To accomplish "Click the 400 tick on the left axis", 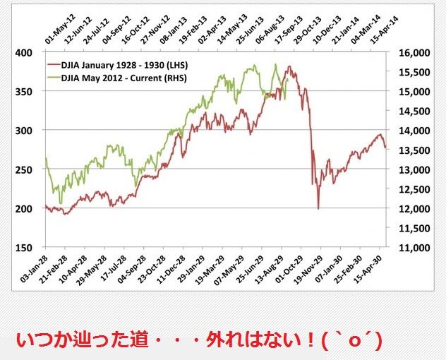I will coord(26,53).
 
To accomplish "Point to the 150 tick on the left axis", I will coord(26,248).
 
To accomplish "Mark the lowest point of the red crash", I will coord(318,209).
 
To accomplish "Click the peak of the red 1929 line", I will coord(289,67).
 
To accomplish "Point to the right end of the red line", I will coord(385,148).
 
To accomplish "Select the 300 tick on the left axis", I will coord(26,131).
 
